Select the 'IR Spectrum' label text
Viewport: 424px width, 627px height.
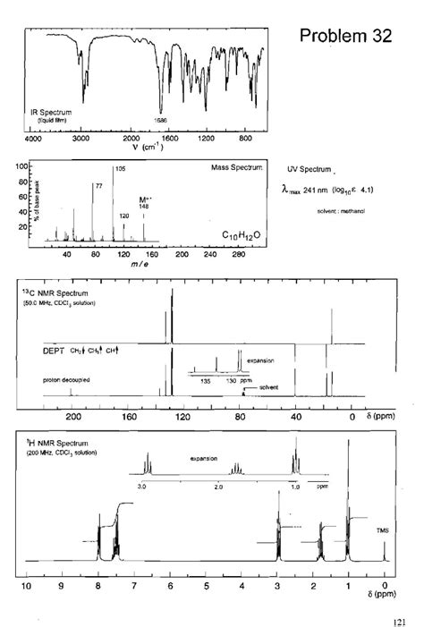pos(51,113)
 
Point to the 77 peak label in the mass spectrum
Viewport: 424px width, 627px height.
pos(98,185)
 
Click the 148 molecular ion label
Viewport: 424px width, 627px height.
pos(143,207)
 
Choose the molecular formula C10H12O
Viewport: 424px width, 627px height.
pos(242,234)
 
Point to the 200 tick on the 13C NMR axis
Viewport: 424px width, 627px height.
pos(74,416)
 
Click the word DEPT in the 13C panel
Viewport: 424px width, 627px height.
pos(54,352)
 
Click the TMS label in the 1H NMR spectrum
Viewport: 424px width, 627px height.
pos(383,530)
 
